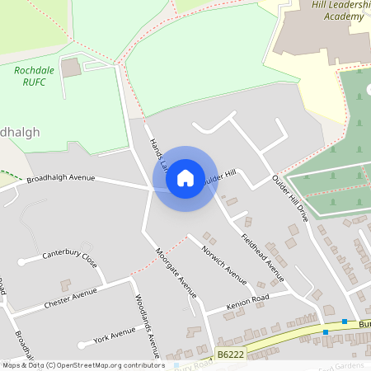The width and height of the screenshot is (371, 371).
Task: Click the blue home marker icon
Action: tap(185, 178)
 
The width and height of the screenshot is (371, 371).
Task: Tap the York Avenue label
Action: tap(114, 335)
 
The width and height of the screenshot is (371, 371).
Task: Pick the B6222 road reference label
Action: tap(232, 354)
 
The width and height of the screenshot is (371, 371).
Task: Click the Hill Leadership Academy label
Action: tap(337, 10)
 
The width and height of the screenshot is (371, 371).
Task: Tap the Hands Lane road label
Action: tap(157, 154)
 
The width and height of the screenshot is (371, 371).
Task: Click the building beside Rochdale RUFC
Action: tap(71, 68)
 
